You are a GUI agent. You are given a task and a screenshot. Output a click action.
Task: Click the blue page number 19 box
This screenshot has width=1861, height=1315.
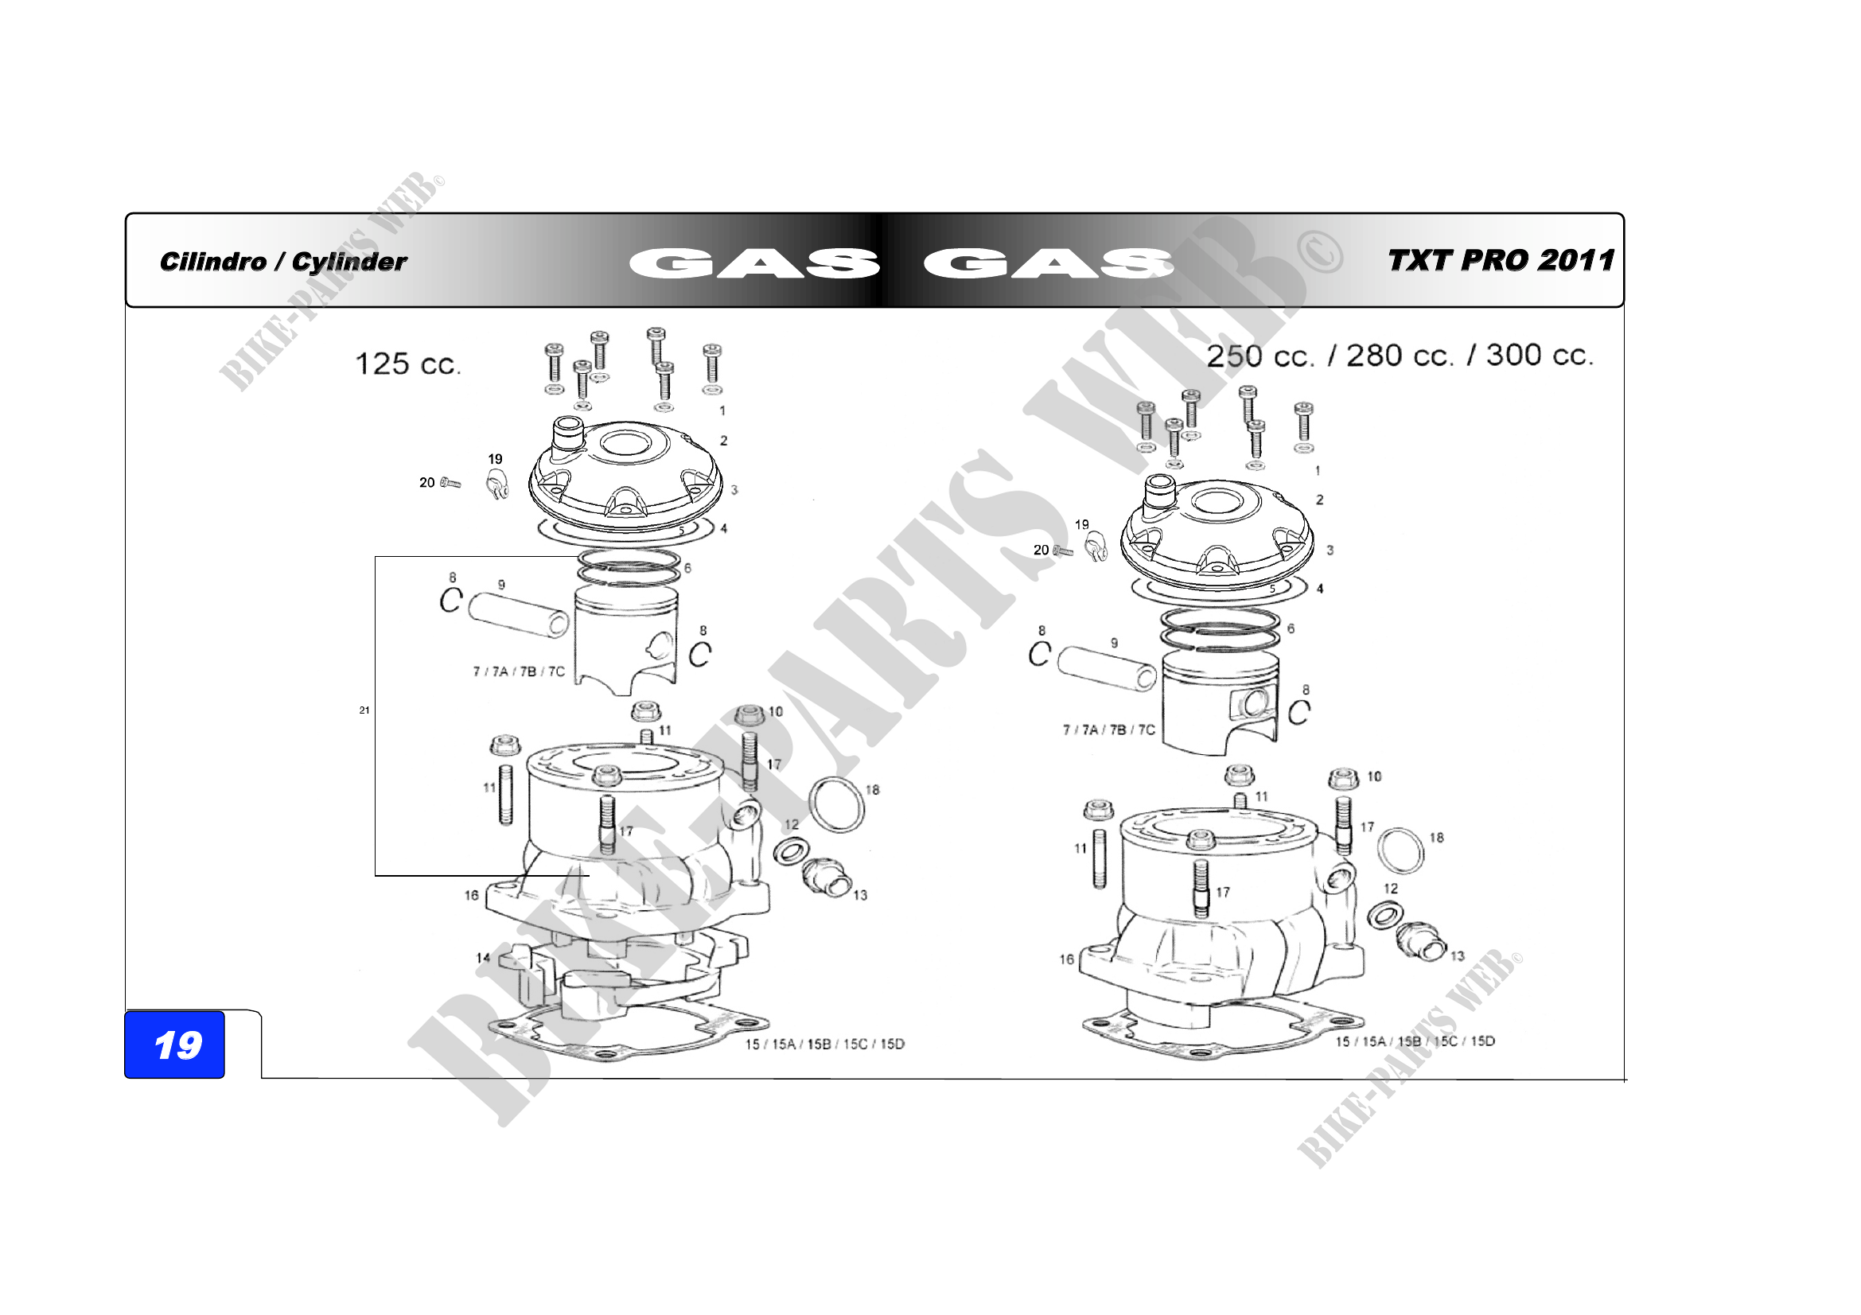pyautogui.click(x=174, y=1045)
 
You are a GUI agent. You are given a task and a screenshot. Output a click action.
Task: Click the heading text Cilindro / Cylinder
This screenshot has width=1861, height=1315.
pyautogui.click(x=283, y=262)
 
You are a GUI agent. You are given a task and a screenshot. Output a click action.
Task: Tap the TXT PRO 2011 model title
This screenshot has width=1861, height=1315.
pyautogui.click(x=1501, y=260)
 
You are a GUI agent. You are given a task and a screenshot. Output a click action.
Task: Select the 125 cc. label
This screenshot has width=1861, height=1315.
pyautogui.click(x=407, y=364)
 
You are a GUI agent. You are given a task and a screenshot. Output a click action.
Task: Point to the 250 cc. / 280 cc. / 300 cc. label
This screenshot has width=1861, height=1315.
pyautogui.click(x=1400, y=356)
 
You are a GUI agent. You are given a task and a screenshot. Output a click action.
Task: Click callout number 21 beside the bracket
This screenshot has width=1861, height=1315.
pyautogui.click(x=364, y=710)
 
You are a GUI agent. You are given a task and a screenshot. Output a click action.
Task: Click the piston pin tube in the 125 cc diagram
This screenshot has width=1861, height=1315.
pyautogui.click(x=519, y=613)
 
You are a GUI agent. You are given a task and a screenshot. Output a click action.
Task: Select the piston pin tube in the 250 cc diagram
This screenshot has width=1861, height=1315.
pyautogui.click(x=1108, y=667)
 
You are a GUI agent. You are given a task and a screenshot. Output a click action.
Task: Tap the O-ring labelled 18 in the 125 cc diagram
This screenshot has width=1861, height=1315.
pyautogui.click(x=835, y=804)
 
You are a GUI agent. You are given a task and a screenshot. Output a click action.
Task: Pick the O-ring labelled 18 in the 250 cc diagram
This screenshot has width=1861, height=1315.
pyautogui.click(x=1400, y=850)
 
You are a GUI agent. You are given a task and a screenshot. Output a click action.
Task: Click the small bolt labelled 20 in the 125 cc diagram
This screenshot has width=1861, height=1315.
pyautogui.click(x=450, y=483)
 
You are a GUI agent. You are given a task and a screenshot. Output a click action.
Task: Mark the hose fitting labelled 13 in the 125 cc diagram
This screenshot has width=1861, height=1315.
pyautogui.click(x=826, y=878)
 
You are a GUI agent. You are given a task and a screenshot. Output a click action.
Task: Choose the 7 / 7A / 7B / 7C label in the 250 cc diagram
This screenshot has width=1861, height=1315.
pyautogui.click(x=1109, y=730)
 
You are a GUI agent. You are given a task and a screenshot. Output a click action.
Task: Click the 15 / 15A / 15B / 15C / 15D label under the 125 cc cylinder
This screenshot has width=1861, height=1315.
pyautogui.click(x=824, y=1044)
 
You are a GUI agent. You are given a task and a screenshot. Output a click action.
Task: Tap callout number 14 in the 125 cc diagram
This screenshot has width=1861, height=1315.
pyautogui.click(x=483, y=958)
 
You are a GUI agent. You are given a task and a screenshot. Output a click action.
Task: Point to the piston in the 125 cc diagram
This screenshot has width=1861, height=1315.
pyautogui.click(x=625, y=640)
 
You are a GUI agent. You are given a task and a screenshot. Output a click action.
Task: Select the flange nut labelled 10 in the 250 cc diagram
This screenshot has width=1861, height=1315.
pyautogui.click(x=1343, y=779)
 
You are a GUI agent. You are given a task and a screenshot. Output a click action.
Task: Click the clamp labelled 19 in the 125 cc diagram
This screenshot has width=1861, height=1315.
pyautogui.click(x=496, y=487)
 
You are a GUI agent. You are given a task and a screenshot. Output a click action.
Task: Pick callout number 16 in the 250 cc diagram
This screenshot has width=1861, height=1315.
pyautogui.click(x=1067, y=959)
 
